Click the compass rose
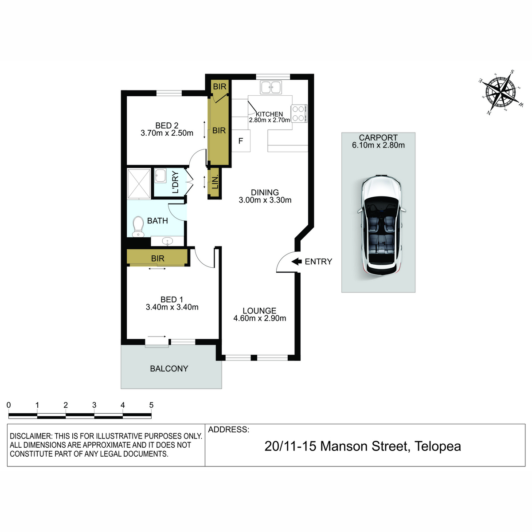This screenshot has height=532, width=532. (501, 92)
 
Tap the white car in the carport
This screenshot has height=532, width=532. (382, 225)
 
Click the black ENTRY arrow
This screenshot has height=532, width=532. (297, 261)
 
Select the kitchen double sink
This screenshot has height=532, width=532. (270, 87)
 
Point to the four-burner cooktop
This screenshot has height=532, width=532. (299, 113)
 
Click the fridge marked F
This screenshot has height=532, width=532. (241, 141)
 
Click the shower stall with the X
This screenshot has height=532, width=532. (139, 184)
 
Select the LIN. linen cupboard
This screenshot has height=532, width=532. (215, 183)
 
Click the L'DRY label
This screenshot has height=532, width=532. (176, 182)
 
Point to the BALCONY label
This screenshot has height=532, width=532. (169, 368)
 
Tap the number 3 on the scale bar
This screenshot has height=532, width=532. (94, 405)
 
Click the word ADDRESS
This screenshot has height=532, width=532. (229, 430)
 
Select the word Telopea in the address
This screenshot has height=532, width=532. (438, 446)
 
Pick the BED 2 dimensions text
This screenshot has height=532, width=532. (167, 133)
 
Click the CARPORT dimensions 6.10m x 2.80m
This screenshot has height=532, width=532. (378, 145)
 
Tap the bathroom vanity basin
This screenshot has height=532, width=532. (167, 242)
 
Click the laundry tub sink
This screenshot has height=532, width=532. (160, 176)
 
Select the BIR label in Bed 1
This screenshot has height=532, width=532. (158, 258)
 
